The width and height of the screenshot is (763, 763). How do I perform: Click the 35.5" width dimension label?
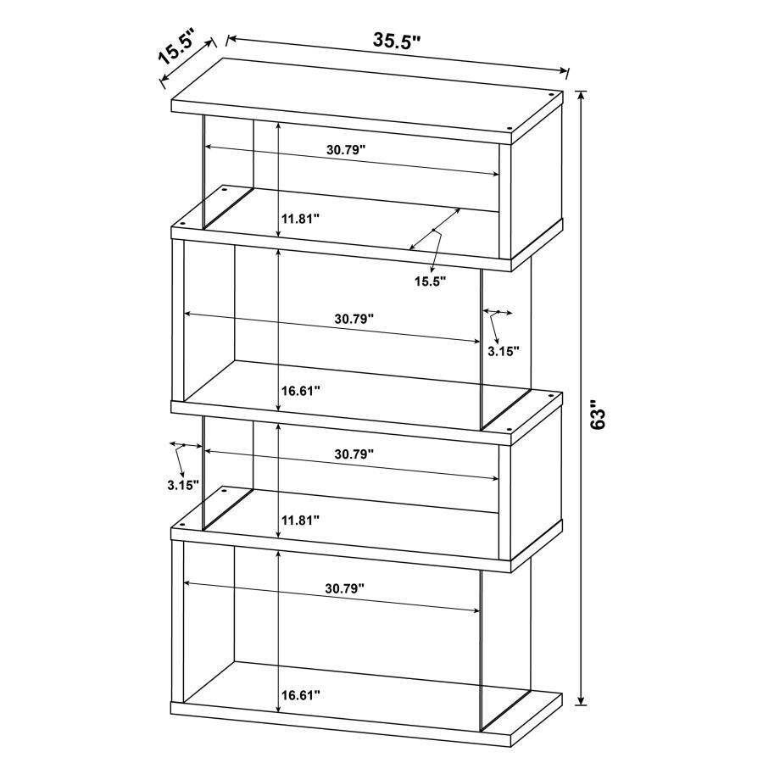point(397,41)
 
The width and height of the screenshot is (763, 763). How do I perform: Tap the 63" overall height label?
point(600,415)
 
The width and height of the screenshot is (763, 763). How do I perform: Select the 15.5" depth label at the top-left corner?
point(175,47)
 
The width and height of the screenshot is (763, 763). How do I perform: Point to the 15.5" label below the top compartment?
point(430,281)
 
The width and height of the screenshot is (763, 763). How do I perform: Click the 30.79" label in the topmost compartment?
point(345,149)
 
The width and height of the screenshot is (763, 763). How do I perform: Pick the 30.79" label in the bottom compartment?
point(343,587)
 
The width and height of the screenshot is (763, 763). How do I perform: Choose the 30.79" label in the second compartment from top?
point(354,319)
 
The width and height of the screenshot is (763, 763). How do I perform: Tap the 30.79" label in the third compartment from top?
point(354,454)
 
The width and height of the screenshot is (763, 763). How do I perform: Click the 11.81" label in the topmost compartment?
point(299,218)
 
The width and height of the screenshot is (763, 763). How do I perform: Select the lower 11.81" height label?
point(299,520)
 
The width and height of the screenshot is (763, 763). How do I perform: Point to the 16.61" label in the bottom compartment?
point(299,695)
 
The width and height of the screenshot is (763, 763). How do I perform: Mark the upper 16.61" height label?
point(299,391)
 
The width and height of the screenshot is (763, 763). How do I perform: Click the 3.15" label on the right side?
point(503,349)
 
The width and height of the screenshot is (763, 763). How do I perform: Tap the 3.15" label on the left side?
point(183,485)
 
